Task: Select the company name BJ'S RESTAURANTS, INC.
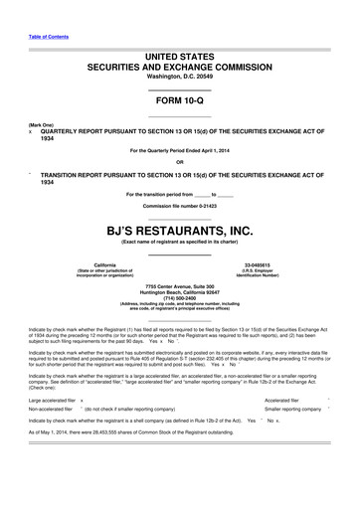[x=179, y=231]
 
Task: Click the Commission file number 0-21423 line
[x=179, y=206]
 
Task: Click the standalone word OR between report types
[x=179, y=162]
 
